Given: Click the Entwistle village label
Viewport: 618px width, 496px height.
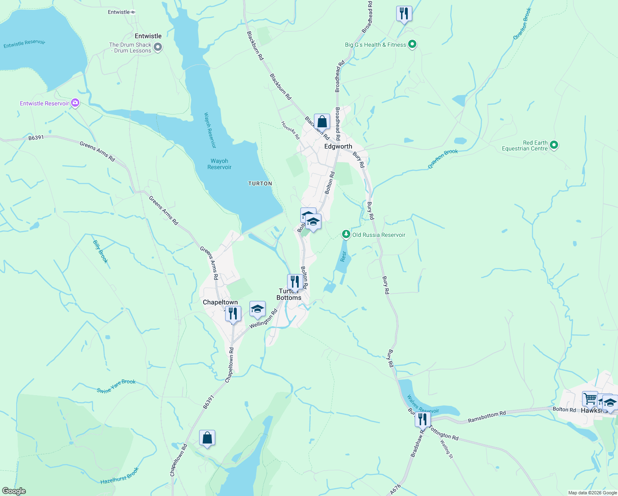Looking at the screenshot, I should pyautogui.click(x=148, y=36).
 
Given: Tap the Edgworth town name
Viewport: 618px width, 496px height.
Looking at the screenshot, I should pyautogui.click(x=338, y=146).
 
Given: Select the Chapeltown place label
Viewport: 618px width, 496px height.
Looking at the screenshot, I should pyautogui.click(x=220, y=302).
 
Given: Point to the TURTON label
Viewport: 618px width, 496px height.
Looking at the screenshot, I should pyautogui.click(x=260, y=184).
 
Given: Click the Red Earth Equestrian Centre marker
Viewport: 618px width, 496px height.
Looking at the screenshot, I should pyautogui.click(x=554, y=145).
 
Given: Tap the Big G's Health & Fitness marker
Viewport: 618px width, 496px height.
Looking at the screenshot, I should pyautogui.click(x=412, y=44).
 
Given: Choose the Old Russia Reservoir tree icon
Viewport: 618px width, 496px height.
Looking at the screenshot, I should pyautogui.click(x=346, y=235).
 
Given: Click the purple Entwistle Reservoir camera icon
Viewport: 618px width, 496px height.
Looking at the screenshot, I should pyautogui.click(x=75, y=103).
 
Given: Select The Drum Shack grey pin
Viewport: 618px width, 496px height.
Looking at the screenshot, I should pyautogui.click(x=157, y=48).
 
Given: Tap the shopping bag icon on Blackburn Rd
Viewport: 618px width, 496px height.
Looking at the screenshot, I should pyautogui.click(x=322, y=122).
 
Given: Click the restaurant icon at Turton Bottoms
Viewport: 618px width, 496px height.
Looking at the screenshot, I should pyautogui.click(x=295, y=282).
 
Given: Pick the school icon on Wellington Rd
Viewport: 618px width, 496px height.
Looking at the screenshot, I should pyautogui.click(x=257, y=309).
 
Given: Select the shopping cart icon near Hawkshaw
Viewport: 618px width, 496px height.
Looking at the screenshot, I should pyautogui.click(x=590, y=399).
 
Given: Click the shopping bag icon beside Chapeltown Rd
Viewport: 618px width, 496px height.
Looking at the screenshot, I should pyautogui.click(x=207, y=438).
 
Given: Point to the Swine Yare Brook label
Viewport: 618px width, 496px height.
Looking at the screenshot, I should pyautogui.click(x=116, y=386).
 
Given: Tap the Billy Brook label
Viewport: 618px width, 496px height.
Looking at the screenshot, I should pyautogui.click(x=100, y=251).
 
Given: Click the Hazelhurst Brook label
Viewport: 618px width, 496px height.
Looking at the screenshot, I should pyautogui.click(x=120, y=476).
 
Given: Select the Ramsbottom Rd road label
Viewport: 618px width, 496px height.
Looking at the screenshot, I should pyautogui.click(x=487, y=417).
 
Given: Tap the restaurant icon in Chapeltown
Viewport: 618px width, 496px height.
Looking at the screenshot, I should pyautogui.click(x=233, y=314).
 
